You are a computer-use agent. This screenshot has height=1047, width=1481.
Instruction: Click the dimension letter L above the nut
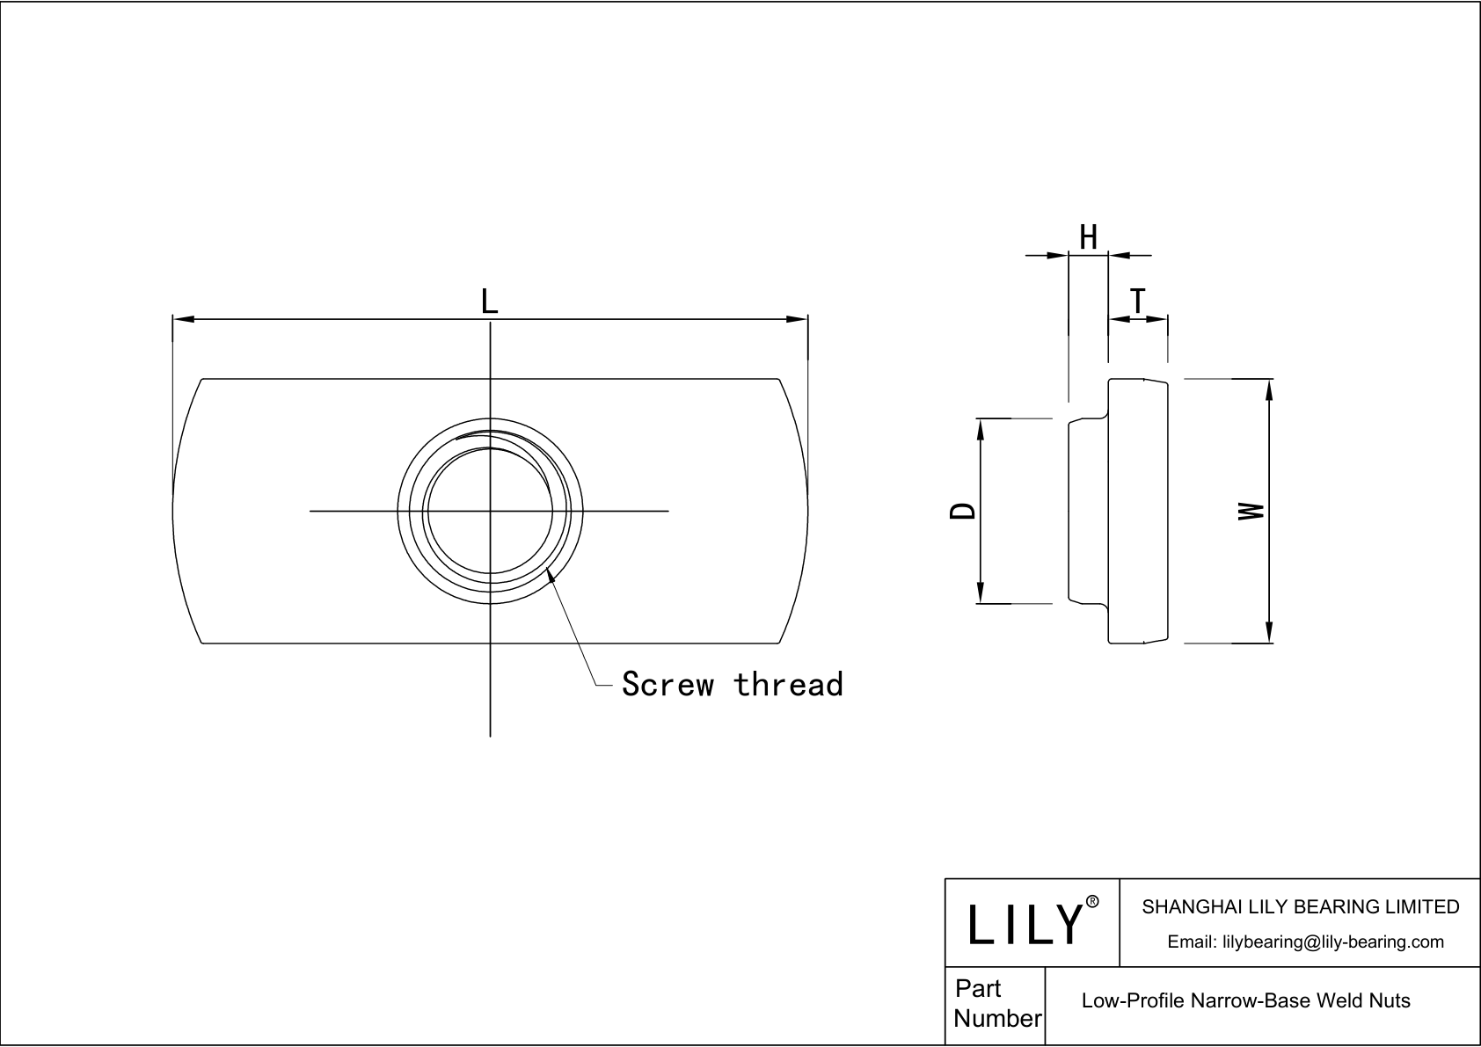(x=489, y=302)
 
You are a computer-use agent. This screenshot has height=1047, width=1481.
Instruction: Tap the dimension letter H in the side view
(x=1088, y=237)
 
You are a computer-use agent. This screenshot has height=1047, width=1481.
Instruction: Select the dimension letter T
(x=1138, y=302)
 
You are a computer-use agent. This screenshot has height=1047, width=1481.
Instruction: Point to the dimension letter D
(x=964, y=511)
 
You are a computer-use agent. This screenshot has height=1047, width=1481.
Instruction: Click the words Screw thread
(x=732, y=684)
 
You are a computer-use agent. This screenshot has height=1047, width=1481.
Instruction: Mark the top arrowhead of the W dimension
(x=1269, y=389)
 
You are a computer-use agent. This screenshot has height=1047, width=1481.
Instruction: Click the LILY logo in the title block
(x=1025, y=924)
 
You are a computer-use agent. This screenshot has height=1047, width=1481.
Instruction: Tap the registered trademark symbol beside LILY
(x=1092, y=901)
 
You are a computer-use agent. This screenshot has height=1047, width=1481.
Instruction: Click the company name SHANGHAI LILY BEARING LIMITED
(x=1300, y=906)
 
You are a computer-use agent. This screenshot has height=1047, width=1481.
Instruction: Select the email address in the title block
(x=1305, y=942)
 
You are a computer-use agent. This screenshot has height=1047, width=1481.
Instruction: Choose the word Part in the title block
(x=978, y=988)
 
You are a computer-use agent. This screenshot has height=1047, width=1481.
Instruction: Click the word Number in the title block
(x=997, y=1018)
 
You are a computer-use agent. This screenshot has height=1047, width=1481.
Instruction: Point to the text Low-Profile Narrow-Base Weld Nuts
(x=1245, y=1000)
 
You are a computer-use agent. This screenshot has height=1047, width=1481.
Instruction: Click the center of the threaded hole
(x=490, y=511)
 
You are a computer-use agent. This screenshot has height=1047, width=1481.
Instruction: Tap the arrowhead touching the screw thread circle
(x=551, y=575)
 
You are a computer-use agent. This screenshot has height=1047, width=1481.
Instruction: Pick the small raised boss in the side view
(x=1088, y=511)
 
